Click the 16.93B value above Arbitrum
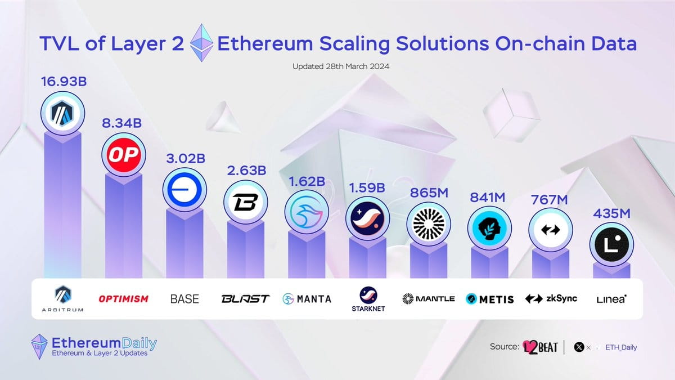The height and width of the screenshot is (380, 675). [63, 82]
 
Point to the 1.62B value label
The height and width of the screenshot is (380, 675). [307, 183]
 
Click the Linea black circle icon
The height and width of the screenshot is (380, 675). [611, 244]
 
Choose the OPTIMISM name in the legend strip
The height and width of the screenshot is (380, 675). [124, 298]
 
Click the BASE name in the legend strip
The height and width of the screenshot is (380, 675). [184, 298]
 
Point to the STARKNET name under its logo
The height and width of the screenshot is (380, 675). [367, 309]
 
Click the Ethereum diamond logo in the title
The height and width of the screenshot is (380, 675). [201, 43]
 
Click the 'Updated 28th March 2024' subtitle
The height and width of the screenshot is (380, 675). [341, 66]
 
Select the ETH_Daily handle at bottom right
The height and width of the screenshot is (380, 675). [621, 347]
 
